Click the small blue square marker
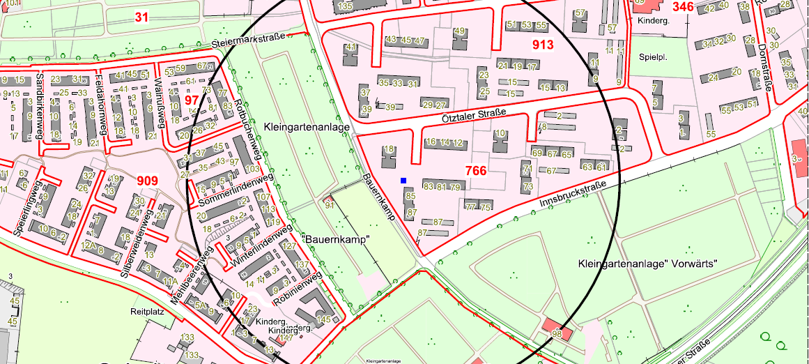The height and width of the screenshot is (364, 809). pos(403,181)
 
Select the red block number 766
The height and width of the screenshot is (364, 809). pos(475,169)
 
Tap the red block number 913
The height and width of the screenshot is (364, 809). pos(542,45)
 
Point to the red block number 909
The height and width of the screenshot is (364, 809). pos(147,181)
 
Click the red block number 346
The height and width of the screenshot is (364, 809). pos(683,6)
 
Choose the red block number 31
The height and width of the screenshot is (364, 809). pos(142,17)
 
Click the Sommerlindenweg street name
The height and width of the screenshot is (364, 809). pos(235,190)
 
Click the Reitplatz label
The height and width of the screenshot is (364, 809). pos(147,312)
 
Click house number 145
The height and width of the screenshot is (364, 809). pos(323,319)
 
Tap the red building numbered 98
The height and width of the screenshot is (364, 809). pos(556,334)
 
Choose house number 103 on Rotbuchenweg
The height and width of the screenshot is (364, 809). pos(252,169)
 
